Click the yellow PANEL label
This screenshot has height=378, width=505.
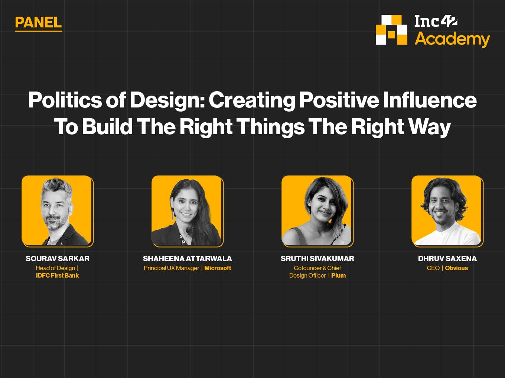[x=38, y=23]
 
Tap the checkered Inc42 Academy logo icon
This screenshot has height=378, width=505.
[x=392, y=30]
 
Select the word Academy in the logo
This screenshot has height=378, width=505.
[x=452, y=40]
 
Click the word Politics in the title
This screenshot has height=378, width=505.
[x=65, y=100]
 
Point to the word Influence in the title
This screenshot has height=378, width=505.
[x=430, y=100]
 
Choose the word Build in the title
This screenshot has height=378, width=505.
[x=107, y=126]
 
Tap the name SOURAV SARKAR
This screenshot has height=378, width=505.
[x=58, y=259]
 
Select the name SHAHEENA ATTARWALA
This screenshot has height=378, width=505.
[x=187, y=259]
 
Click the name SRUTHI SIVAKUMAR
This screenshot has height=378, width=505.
[x=317, y=259]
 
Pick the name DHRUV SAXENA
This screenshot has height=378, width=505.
[x=447, y=259]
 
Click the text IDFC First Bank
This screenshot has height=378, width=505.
[x=58, y=275]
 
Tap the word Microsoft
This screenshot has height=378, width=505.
[x=218, y=268]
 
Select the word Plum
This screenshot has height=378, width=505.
[x=338, y=275]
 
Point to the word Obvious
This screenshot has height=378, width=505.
[x=456, y=268]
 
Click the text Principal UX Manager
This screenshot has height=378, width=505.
[x=172, y=268]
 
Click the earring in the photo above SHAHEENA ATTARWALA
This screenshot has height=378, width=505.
[x=172, y=216]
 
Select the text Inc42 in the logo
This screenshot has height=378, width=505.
[x=436, y=21]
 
